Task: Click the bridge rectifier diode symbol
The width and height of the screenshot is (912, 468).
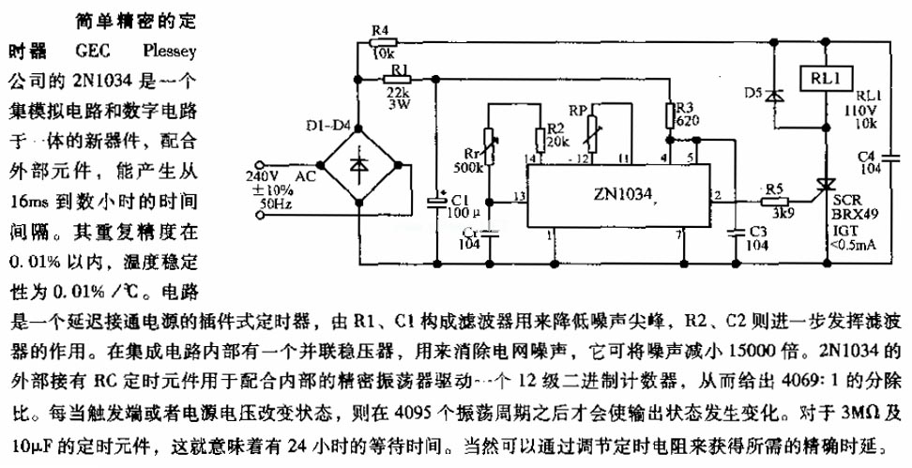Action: [357, 166]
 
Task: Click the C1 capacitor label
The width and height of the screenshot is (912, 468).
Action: [459, 200]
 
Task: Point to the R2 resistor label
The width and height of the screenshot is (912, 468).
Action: [555, 127]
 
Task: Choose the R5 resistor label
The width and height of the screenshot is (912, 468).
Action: [773, 187]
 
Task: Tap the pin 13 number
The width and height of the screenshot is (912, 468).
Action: [517, 195]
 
